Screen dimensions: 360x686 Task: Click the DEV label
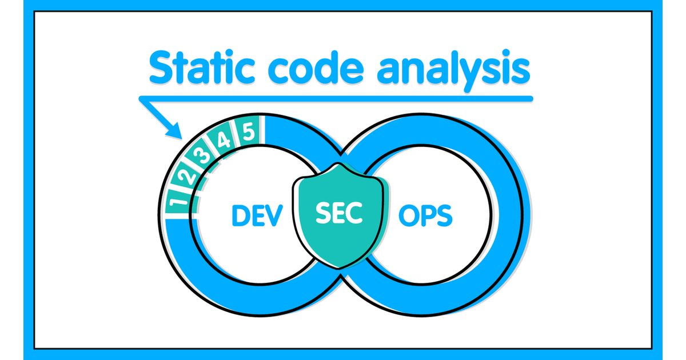click(x=257, y=215)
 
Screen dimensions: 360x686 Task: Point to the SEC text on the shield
click(x=339, y=214)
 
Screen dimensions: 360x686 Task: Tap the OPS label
click(x=425, y=215)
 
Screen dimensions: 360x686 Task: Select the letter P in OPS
click(x=426, y=215)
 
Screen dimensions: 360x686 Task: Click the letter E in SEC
click(x=339, y=214)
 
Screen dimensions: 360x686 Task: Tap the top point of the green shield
click(x=340, y=164)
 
